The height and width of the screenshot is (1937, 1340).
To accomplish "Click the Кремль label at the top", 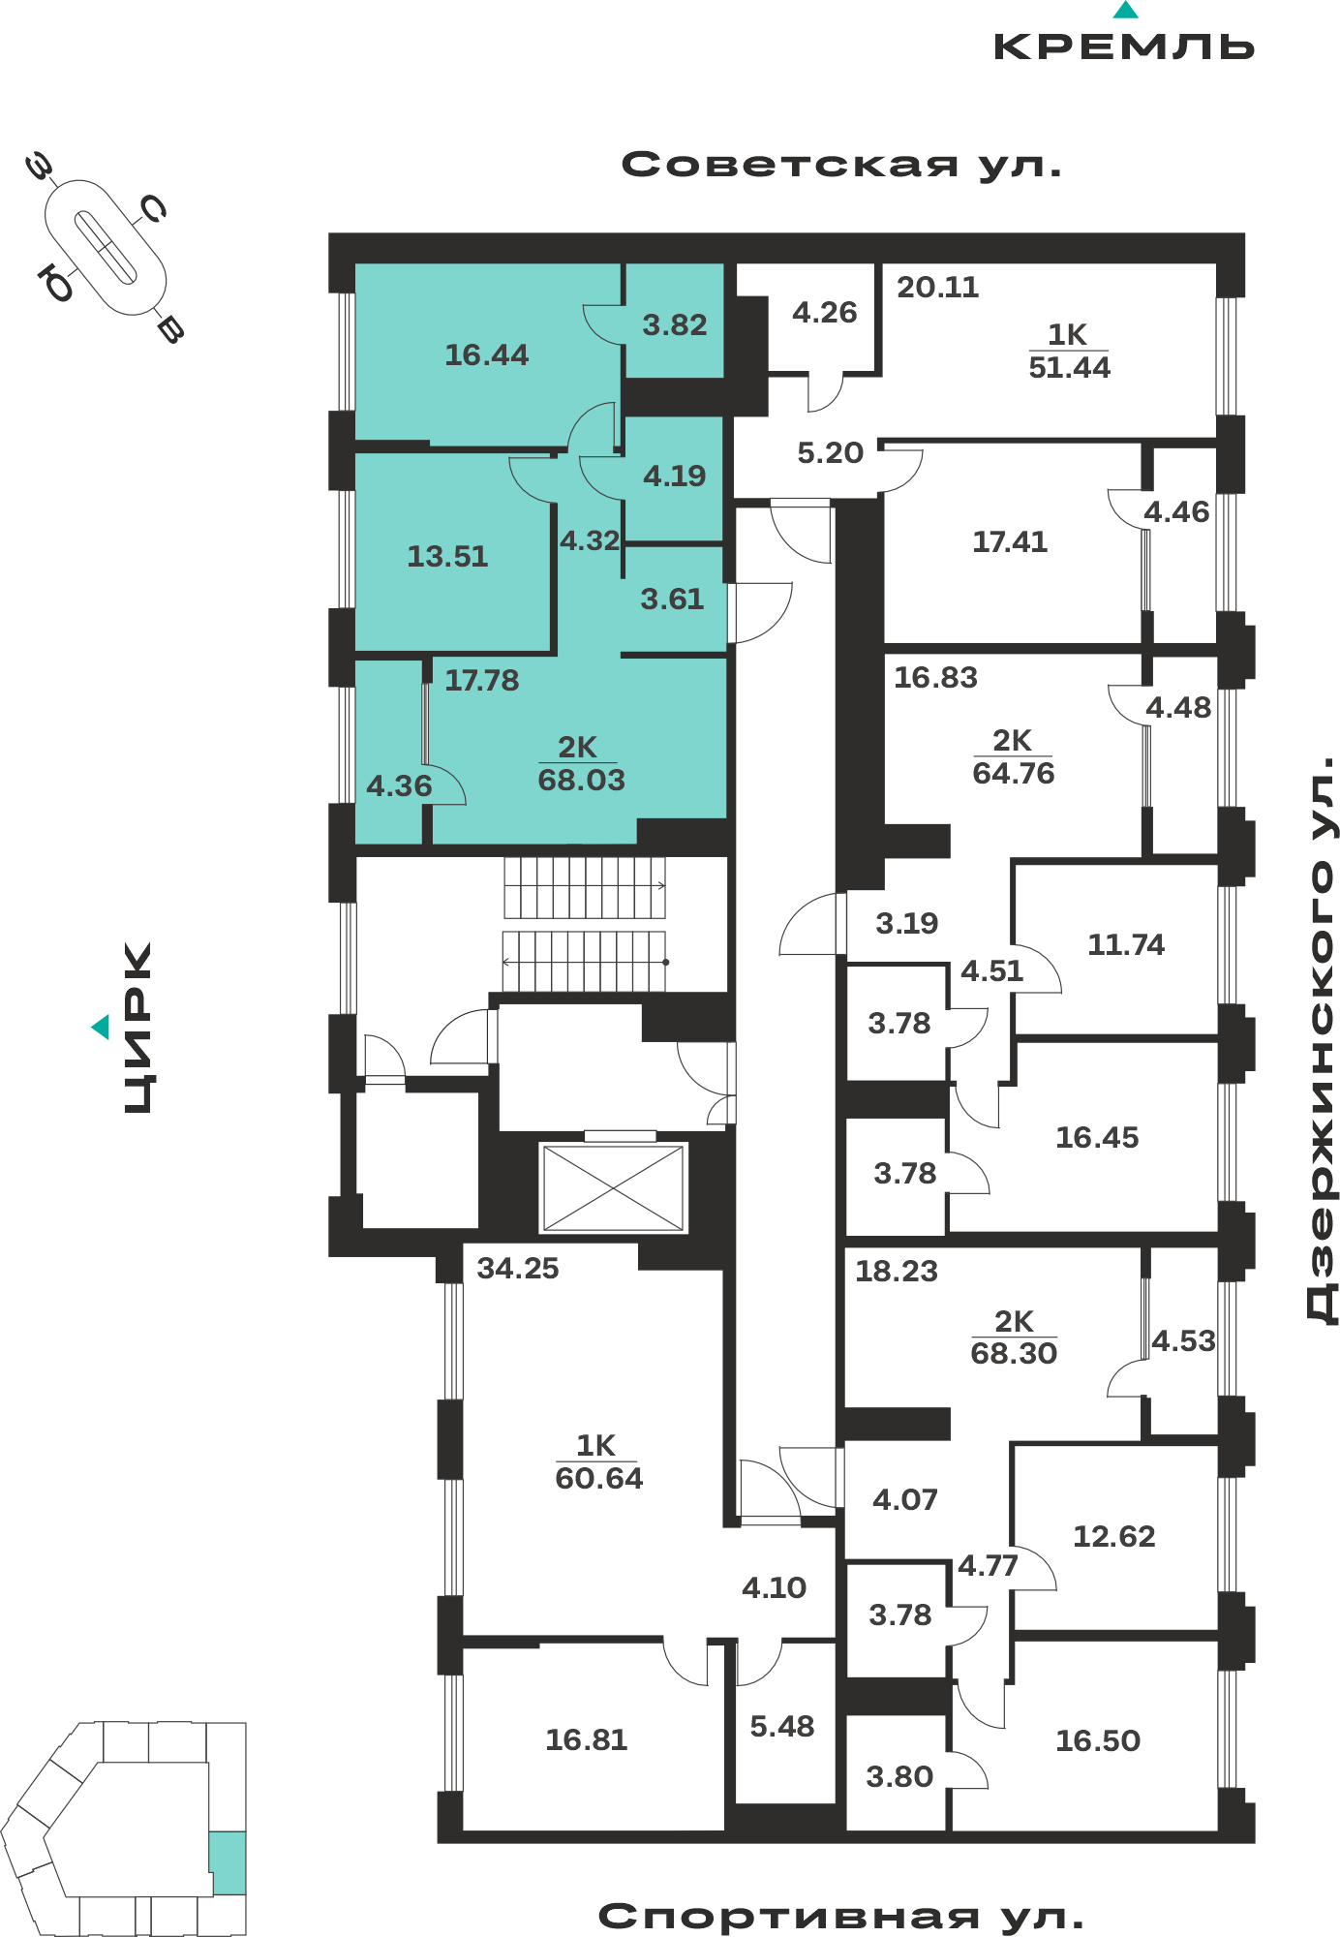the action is click(1124, 46).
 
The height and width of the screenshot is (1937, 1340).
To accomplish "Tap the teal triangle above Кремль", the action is click(1125, 10).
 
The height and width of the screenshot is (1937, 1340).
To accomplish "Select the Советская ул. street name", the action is click(841, 165).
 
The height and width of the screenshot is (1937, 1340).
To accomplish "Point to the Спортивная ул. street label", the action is click(840, 1916).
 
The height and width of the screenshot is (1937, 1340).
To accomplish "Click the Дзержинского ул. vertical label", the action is click(1322, 1040).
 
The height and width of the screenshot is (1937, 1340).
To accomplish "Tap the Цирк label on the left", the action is click(137, 1028).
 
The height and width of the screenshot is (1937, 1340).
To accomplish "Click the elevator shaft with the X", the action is click(614, 1188).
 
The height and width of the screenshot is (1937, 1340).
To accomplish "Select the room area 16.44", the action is click(487, 355).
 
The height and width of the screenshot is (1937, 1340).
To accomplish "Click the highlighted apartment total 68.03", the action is click(582, 780).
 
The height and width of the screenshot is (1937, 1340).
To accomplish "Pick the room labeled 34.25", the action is click(518, 1268).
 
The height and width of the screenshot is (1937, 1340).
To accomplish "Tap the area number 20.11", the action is click(937, 287).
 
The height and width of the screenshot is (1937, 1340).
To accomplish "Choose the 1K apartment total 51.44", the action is click(1069, 367).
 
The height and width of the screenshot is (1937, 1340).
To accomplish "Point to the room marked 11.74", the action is click(1126, 944).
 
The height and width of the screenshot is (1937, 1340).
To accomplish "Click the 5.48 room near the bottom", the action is click(782, 1726).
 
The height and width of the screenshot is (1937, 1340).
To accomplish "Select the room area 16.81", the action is click(587, 1739).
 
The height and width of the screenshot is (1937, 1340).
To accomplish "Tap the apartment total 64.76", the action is click(1014, 773).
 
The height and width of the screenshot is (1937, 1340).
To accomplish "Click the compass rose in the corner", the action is click(105, 248).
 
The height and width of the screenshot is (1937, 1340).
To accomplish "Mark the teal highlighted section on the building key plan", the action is click(228, 1862).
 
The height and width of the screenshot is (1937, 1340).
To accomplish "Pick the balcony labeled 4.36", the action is click(399, 785).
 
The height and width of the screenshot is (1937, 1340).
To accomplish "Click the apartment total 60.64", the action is click(599, 1478).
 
